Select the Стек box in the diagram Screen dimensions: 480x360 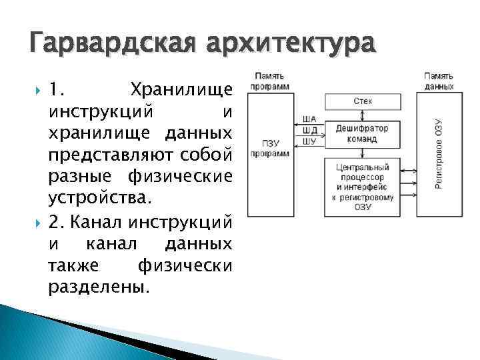tap(363, 101)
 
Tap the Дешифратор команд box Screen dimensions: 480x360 tap(363, 134)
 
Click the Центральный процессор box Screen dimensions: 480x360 tap(363, 187)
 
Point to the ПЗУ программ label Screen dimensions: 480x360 tap(270, 148)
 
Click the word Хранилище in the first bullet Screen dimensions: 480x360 tap(181, 89)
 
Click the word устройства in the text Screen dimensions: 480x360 tap(100, 198)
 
